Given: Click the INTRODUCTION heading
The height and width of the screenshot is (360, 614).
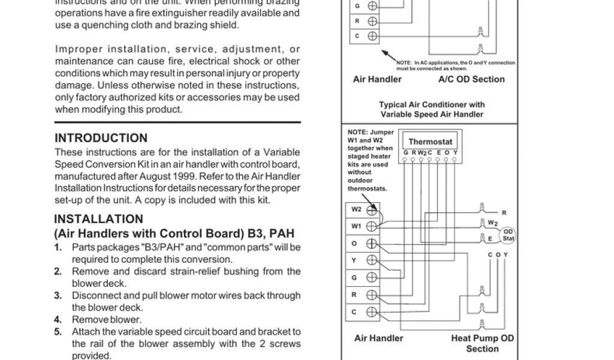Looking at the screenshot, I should click(101, 138).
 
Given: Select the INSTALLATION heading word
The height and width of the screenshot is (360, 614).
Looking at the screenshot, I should click(98, 219).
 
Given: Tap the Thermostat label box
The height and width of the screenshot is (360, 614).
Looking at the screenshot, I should click(431, 142).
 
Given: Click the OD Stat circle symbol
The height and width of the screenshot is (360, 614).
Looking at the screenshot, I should click(508, 234).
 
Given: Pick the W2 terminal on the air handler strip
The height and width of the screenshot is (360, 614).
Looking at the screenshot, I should click(372, 210).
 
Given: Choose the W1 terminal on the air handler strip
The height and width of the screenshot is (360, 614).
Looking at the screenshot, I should click(372, 227).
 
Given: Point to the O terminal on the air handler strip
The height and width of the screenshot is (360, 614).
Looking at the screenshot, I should click(372, 244).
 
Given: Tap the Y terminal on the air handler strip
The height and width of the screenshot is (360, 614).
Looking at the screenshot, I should click(372, 260).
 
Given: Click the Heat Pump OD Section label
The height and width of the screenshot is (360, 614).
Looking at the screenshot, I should click(482, 343).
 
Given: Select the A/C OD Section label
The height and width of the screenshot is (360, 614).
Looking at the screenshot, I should click(471, 79).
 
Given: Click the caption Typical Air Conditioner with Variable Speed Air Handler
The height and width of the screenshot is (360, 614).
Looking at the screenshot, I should click(431, 109).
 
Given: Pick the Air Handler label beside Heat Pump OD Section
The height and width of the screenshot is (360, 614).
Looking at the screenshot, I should click(378, 338).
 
